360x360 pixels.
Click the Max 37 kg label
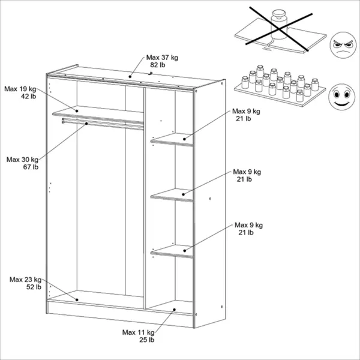click(162, 58)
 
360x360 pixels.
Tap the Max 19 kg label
click(20, 89)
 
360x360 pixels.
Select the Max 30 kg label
click(22, 160)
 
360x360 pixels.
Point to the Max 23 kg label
click(25, 280)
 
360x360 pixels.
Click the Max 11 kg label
click(138, 332)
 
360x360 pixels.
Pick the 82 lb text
click(157, 65)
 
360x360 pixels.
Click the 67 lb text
click(31, 167)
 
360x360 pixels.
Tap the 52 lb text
click(34, 287)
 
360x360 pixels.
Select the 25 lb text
click(147, 340)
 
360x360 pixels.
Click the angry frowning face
click(343, 45)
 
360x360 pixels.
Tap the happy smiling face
click(341, 97)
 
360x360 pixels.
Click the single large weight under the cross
click(279, 24)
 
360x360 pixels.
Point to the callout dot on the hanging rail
click(86, 124)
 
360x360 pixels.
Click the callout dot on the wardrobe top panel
click(130, 76)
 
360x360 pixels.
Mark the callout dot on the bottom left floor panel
click(77, 300)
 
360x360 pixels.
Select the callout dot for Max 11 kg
click(174, 310)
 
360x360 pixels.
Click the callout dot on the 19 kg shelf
click(77, 111)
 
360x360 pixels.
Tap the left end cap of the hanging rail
click(63, 121)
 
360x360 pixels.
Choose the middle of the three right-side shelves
click(172, 195)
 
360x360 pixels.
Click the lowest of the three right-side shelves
click(172, 251)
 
